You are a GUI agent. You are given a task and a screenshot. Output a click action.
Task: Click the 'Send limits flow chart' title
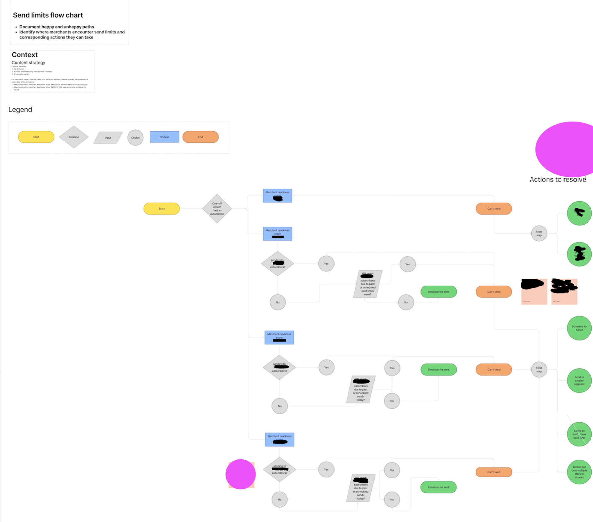click(x=48, y=15)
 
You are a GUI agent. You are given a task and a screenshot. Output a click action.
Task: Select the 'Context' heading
click(x=25, y=55)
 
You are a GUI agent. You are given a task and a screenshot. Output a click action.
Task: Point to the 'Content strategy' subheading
click(x=28, y=63)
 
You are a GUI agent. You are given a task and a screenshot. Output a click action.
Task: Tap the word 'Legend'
click(x=20, y=110)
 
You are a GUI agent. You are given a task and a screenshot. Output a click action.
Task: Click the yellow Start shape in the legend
click(x=36, y=137)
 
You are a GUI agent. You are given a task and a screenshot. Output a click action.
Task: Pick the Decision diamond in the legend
click(x=74, y=137)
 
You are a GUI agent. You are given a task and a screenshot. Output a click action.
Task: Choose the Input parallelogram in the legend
click(x=108, y=138)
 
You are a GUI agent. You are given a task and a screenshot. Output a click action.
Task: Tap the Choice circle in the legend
click(x=135, y=138)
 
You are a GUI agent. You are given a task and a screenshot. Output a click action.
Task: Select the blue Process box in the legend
click(x=164, y=137)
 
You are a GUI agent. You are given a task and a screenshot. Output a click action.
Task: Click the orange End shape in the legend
click(x=200, y=137)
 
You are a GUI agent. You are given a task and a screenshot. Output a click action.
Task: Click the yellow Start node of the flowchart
click(x=162, y=209)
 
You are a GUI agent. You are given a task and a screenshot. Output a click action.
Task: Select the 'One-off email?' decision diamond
click(x=217, y=209)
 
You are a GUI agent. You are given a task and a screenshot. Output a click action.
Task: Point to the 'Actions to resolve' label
click(x=558, y=180)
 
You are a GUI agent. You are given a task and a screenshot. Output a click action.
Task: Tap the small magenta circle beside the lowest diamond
click(x=240, y=474)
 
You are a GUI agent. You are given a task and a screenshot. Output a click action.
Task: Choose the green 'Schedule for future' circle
click(x=579, y=328)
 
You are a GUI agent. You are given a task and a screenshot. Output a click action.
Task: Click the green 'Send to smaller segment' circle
click(x=579, y=380)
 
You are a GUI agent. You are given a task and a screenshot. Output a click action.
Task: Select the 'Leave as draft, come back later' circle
click(x=579, y=434)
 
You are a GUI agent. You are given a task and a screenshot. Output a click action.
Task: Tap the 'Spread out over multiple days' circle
click(x=579, y=472)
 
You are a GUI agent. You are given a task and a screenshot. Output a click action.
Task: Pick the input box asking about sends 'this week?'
click(x=367, y=284)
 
